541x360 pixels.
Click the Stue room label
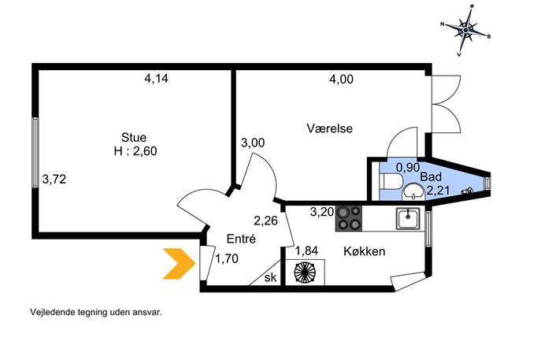coord(134,137)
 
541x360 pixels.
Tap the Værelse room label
coord(329,128)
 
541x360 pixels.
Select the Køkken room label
coord(365,251)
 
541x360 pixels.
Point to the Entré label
coord(241,239)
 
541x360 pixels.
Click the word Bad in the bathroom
coord(431,176)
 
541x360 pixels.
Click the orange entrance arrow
coord(179,263)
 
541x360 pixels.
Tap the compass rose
coord(465,31)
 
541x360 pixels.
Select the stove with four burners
coord(349,218)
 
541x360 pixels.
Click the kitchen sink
coord(408,218)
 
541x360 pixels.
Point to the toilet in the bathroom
coord(391,181)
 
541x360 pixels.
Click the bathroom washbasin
coord(413,191)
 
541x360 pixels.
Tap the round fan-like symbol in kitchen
coord(305,272)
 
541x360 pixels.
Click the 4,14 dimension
coord(156,79)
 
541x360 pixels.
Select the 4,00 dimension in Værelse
coord(341,80)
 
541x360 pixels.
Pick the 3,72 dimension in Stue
coord(54,179)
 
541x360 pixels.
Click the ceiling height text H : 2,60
coord(135,151)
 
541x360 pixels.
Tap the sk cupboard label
coord(271,277)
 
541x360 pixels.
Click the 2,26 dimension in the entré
coord(265,221)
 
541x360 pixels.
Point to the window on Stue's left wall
coord(35,153)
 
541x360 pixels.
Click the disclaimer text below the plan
coord(96,313)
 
